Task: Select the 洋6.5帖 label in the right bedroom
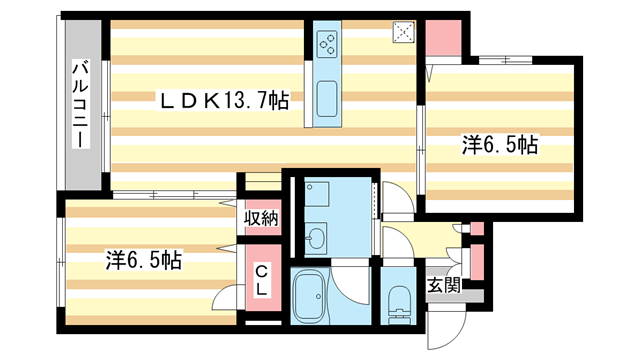(500, 144)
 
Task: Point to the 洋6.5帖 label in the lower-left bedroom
(144, 261)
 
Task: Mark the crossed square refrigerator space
(403, 32)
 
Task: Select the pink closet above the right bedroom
(441, 38)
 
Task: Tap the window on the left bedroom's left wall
(62, 259)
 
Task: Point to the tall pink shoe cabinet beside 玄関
(477, 260)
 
